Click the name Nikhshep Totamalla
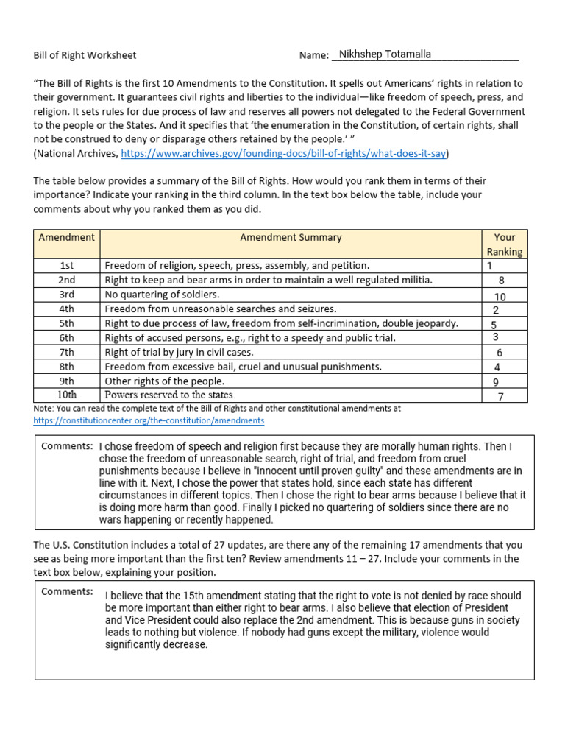tap(385, 54)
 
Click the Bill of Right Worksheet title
tap(85, 55)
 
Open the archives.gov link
tap(283, 154)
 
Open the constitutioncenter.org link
tap(149, 420)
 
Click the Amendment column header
tap(67, 237)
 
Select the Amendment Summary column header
tap(291, 237)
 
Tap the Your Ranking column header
tap(505, 244)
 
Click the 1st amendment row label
tap(67, 265)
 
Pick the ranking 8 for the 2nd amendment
tap(501, 281)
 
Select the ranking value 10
tap(500, 297)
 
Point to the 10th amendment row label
tap(67, 395)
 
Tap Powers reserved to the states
tap(170, 395)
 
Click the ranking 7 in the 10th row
tap(501, 397)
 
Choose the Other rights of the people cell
tap(165, 381)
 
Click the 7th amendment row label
tap(67, 352)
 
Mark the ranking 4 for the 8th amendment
tap(498, 367)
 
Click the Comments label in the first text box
tap(67, 446)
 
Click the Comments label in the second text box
tap(67, 591)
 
